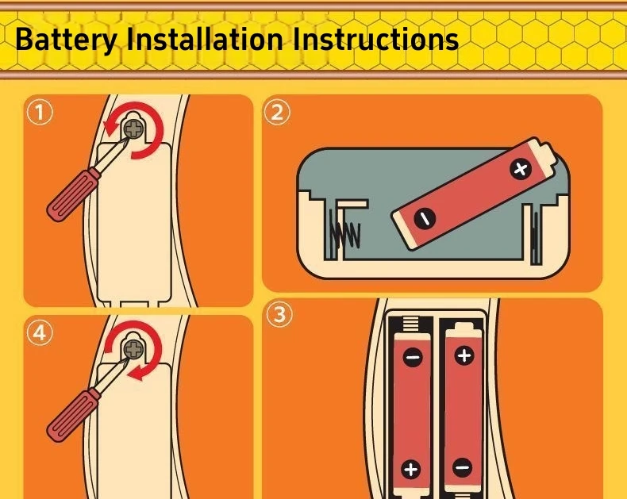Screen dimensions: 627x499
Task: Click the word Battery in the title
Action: (x=67, y=40)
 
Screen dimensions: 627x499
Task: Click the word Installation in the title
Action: (x=205, y=39)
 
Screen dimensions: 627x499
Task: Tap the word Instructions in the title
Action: (x=375, y=39)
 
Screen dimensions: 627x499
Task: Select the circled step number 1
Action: (x=40, y=113)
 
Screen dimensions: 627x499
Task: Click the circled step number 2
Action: (x=277, y=113)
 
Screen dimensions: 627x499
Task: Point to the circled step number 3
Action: (x=279, y=314)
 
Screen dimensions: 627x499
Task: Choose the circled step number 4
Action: (x=40, y=333)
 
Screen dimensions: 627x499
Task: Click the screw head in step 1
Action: (x=133, y=129)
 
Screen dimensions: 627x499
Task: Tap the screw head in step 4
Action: (x=133, y=350)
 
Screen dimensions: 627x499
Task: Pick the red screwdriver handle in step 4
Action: (x=71, y=416)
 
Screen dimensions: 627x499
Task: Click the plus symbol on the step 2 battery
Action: (x=520, y=169)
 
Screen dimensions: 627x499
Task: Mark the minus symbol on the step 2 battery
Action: (x=425, y=219)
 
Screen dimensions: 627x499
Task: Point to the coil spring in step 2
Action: (x=344, y=235)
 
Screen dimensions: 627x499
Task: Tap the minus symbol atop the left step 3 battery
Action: (x=413, y=357)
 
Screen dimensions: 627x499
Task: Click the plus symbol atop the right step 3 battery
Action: (x=464, y=355)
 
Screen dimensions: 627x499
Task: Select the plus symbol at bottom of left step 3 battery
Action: (x=411, y=469)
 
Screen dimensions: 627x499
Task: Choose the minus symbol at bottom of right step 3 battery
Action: (x=463, y=467)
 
